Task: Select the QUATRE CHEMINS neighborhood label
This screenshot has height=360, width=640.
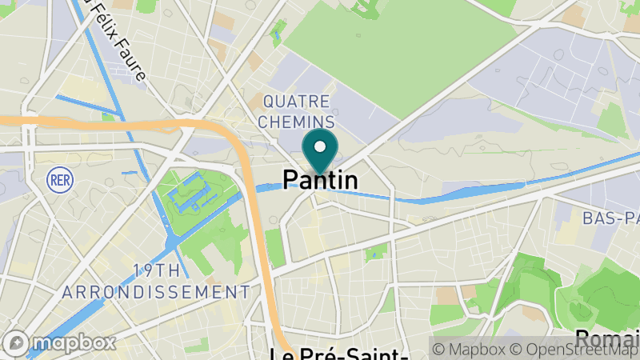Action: tap(296, 111)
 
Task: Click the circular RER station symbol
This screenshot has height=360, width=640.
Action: tap(58, 178)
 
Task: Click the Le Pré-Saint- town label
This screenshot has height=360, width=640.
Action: tap(328, 352)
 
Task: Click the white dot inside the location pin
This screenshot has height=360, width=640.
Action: tap(320, 147)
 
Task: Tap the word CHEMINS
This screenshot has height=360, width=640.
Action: tap(296, 122)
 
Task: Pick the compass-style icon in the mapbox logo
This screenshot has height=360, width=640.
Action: tap(15, 343)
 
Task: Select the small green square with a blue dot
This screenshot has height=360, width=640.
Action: tap(373, 254)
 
